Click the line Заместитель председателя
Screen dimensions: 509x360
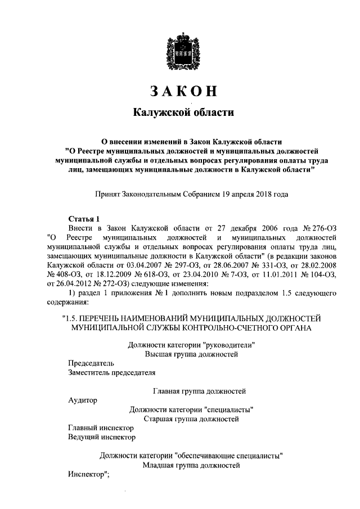coord(111,372)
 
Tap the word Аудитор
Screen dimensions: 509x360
coord(82,400)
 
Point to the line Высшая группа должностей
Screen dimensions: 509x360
coord(191,354)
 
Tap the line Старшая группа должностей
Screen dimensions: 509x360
coord(191,419)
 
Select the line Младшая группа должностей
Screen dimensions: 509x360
coord(191,465)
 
